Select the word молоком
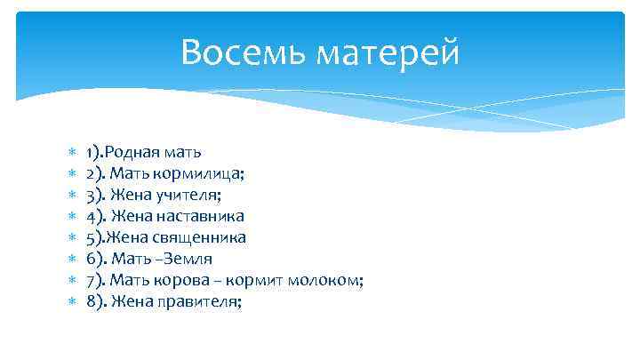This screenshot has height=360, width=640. coord(325,280)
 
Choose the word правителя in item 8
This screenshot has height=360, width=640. coord(203,302)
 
